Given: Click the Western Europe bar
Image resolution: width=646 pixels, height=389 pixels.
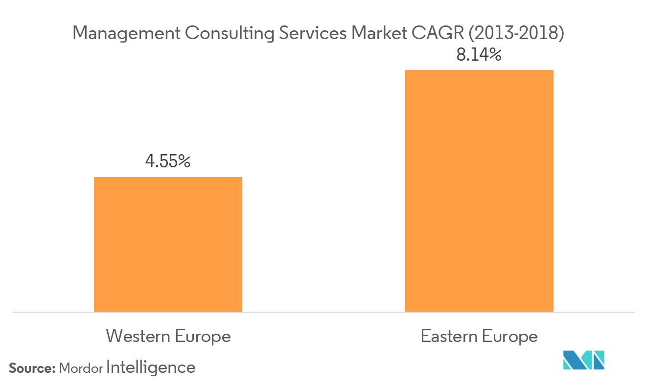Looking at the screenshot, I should pyautogui.click(x=168, y=244).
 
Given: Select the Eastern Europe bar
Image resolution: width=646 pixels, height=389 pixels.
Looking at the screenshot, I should pyautogui.click(x=479, y=191).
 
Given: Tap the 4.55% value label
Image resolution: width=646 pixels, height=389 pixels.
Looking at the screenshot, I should pyautogui.click(x=168, y=161).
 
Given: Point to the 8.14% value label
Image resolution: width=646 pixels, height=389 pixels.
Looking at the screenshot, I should pyautogui.click(x=479, y=55).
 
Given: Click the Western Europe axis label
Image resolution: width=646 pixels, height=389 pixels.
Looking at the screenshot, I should pyautogui.click(x=168, y=337).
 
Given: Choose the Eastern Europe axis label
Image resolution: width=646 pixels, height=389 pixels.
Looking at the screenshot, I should pyautogui.click(x=479, y=337).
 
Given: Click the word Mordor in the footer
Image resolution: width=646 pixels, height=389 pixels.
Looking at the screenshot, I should pyautogui.click(x=81, y=368).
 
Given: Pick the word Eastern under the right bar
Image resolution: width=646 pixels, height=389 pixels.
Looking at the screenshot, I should pyautogui.click(x=449, y=337).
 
